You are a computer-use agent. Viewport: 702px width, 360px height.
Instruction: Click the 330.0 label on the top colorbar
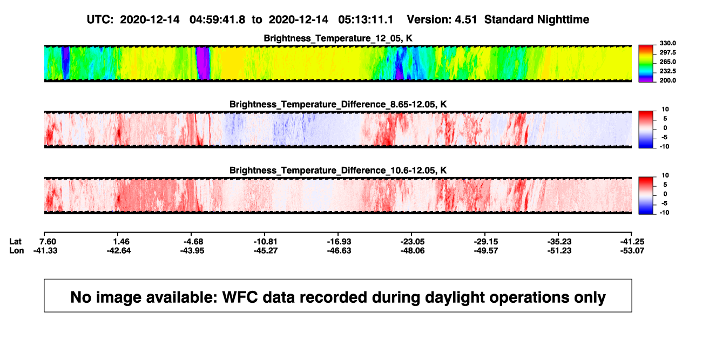click(667, 43)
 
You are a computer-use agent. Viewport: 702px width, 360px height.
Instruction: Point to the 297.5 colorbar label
click(667, 52)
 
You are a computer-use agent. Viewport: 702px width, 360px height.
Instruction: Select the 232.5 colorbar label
click(667, 71)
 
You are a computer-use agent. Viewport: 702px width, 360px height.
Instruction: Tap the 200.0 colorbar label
click(667, 80)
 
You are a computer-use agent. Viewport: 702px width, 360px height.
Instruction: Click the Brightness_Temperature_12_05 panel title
click(338, 38)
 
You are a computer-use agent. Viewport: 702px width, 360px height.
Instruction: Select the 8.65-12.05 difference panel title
click(338, 104)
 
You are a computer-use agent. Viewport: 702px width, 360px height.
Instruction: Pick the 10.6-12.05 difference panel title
click(338, 171)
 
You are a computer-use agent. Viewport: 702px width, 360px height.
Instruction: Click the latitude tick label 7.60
click(48, 242)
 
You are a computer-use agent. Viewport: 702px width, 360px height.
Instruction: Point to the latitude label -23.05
click(413, 242)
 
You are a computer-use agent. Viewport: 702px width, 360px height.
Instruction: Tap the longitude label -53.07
click(632, 250)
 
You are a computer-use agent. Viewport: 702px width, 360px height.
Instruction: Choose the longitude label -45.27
click(266, 250)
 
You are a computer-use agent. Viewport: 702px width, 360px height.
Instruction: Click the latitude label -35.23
click(559, 242)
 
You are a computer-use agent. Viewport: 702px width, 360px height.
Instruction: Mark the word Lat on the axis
click(15, 242)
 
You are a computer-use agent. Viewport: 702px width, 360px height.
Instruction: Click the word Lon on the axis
click(16, 250)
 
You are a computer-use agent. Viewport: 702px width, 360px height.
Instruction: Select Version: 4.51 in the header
click(442, 19)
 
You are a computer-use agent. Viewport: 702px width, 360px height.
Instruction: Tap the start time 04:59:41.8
click(217, 19)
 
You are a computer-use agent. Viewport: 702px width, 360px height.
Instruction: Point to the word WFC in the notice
click(240, 297)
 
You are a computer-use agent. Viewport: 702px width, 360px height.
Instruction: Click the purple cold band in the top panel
click(203, 63)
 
